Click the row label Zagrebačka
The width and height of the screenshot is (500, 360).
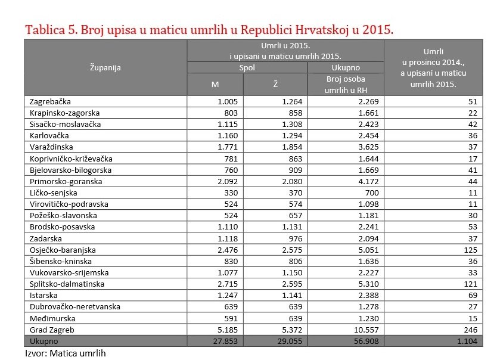pyautogui.click(x=50, y=102)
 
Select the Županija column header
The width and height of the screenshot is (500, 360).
pyautogui.click(x=105, y=67)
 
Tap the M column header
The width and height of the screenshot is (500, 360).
pyautogui.click(x=215, y=85)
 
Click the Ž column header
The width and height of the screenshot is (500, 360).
pyautogui.click(x=275, y=84)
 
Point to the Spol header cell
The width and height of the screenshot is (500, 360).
pyautogui.click(x=247, y=67)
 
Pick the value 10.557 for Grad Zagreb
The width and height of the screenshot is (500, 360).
pyautogui.click(x=367, y=330)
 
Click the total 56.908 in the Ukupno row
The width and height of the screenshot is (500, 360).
pyautogui.click(x=367, y=341)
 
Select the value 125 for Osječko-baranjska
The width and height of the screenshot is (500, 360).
pyautogui.click(x=471, y=250)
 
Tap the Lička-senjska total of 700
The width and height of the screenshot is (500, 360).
pyautogui.click(x=372, y=193)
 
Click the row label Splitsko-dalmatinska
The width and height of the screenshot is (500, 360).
pyautogui.click(x=67, y=284)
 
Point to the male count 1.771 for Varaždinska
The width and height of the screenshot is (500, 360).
pyautogui.click(x=228, y=147)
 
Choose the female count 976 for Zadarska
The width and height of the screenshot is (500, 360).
pyautogui.click(x=295, y=238)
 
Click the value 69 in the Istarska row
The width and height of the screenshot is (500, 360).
pyautogui.click(x=473, y=295)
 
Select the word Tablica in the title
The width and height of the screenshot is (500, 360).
pyautogui.click(x=45, y=30)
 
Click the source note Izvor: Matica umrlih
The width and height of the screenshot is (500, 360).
pyautogui.click(x=66, y=353)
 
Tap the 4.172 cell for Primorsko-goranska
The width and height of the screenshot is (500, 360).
pyautogui.click(x=369, y=181)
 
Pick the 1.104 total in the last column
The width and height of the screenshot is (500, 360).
pyautogui.click(x=467, y=341)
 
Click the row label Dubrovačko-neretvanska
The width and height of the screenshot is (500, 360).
pyautogui.click(x=75, y=307)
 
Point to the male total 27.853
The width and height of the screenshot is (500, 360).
pyautogui.click(x=225, y=341)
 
